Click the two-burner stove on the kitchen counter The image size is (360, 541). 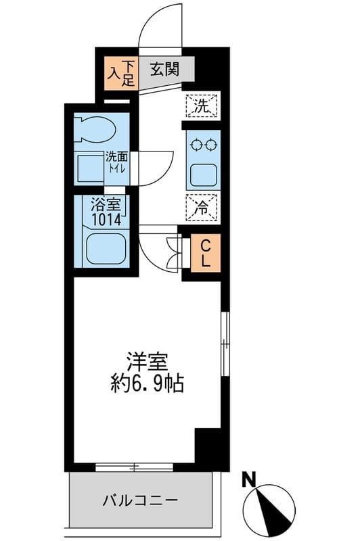click(204, 144)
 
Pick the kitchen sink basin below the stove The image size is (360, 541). click(204, 174)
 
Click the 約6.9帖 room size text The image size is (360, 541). click(146, 385)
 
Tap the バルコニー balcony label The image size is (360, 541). click(140, 501)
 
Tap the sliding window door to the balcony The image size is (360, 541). click(134, 467)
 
